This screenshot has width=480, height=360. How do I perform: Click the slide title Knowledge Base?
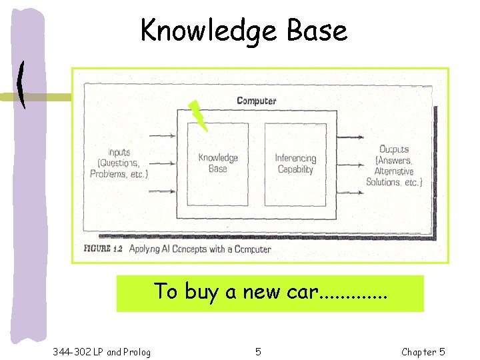[243, 30]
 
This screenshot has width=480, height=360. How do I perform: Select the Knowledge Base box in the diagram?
[217, 163]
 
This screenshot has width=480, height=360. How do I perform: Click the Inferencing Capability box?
[295, 163]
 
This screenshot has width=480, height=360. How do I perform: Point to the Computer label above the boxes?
[256, 101]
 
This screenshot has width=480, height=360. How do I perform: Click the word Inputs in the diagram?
[119, 152]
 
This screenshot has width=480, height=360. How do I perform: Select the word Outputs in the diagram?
[394, 149]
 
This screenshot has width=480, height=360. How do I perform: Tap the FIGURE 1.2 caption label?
[103, 249]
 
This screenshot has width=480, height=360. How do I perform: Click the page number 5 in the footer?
[258, 351]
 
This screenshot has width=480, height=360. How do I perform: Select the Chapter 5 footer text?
[423, 351]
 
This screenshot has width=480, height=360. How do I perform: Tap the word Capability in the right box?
[295, 169]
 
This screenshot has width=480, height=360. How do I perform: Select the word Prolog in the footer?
[137, 351]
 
